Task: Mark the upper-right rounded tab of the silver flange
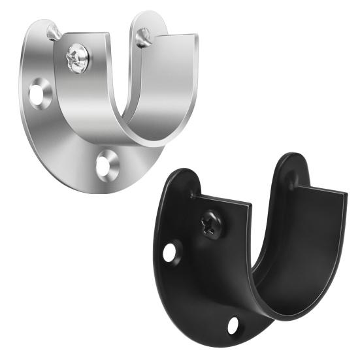click(x=149, y=23)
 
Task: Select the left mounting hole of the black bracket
click(x=171, y=252)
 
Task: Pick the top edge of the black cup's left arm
click(x=222, y=200)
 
